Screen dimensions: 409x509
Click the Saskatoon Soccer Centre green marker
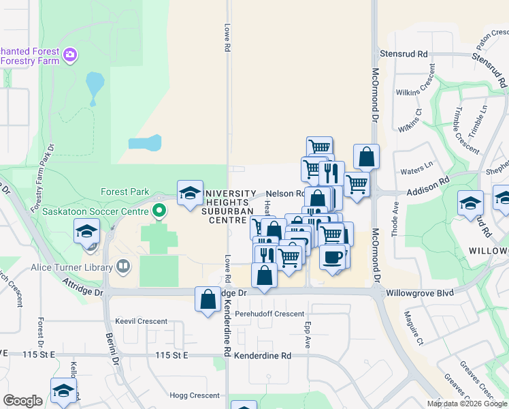pos(159,210)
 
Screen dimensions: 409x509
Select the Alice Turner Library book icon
pos(123,267)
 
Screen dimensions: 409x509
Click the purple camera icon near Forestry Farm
pos(70,54)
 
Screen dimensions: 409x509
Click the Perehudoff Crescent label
pos(269,314)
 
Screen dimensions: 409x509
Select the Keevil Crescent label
pos(141,320)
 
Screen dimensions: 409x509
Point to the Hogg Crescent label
pos(195,395)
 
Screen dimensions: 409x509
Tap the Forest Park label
pos(124,192)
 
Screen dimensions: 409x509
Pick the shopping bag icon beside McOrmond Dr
pos(366,157)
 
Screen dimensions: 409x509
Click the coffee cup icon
pos(332,256)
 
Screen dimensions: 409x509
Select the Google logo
pos(23,401)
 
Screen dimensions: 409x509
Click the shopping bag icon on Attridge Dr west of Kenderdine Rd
pos(208,298)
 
